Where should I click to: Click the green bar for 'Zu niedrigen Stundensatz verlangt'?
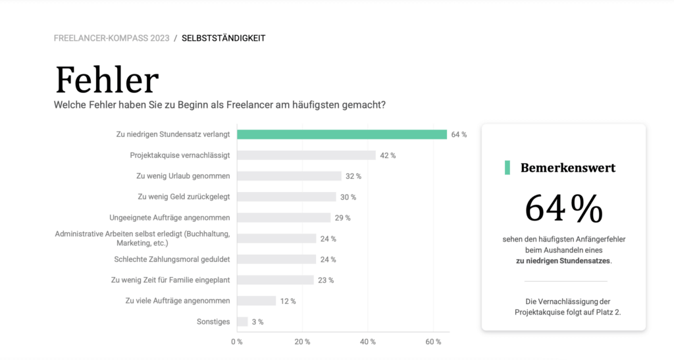342,134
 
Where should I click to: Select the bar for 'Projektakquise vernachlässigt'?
306,155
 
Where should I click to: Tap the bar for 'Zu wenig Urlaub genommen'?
289,176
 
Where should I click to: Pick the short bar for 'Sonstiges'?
242,322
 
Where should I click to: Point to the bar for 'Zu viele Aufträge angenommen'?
256,301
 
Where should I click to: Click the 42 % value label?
388,155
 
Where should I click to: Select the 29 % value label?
342,218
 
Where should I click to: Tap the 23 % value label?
326,280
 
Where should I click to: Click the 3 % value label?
258,322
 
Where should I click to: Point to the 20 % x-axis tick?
302,342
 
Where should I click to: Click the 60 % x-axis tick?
433,342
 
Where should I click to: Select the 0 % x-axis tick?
236,342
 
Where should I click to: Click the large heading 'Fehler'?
107,80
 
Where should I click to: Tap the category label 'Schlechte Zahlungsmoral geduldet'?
172,259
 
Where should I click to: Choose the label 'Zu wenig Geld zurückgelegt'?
184,196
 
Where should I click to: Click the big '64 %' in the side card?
563,209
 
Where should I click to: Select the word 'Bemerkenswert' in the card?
568,168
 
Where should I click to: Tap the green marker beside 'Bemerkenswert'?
507,168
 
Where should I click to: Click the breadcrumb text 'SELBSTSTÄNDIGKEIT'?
224,38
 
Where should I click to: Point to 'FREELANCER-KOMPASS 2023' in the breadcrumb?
111,38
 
